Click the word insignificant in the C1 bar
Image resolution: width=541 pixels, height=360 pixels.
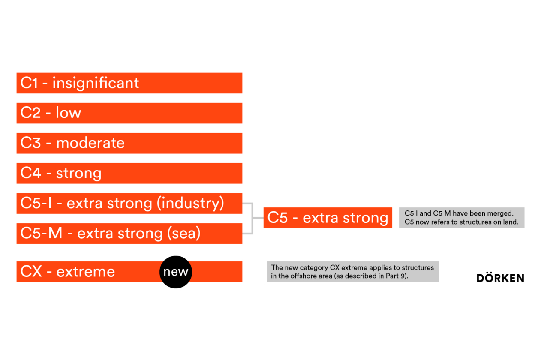click(x=96, y=83)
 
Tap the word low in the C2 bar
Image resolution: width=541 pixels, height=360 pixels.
click(x=68, y=113)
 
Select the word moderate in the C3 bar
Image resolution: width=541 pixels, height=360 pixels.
click(x=90, y=143)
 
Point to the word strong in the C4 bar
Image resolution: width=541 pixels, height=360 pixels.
click(x=79, y=174)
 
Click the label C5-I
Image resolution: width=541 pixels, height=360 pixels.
click(x=36, y=203)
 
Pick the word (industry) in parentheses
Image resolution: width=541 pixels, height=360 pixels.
click(x=190, y=203)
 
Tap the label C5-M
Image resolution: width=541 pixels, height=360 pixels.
click(x=41, y=233)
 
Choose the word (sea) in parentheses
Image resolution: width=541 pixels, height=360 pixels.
click(x=184, y=234)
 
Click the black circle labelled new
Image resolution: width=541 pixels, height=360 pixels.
click(x=176, y=272)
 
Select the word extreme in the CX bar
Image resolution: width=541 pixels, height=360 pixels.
click(x=86, y=272)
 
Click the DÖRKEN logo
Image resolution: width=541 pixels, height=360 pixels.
click(x=500, y=277)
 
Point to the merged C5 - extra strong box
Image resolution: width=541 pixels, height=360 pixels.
click(x=328, y=218)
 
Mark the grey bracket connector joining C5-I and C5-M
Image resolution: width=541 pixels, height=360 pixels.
click(x=252, y=218)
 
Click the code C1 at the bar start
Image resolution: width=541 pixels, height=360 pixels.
click(x=29, y=83)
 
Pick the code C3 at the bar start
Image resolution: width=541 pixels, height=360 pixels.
click(x=31, y=143)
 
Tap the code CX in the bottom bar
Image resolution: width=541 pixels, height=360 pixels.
click(x=31, y=271)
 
